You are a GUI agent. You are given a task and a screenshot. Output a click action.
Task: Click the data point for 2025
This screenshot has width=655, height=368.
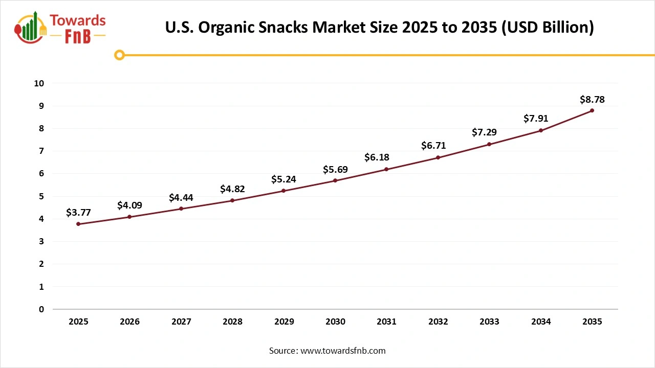coord(78,224)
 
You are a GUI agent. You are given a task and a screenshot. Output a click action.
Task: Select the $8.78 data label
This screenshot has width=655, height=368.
coord(592,99)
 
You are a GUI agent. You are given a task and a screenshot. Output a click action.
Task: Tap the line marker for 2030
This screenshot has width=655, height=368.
coord(335,180)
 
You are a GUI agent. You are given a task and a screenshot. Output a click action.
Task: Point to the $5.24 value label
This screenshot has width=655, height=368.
coord(283,179)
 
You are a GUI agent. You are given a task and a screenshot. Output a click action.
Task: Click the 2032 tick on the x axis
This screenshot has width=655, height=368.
coord(438,321)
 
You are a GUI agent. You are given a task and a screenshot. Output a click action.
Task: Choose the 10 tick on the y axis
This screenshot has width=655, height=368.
coord(39,83)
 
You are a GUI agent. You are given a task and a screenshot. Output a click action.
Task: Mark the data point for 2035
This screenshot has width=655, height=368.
coord(592,110)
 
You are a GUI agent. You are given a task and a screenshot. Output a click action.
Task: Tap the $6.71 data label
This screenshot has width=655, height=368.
coord(433,146)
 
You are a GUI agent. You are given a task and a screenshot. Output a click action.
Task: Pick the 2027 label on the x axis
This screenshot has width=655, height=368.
coord(181,321)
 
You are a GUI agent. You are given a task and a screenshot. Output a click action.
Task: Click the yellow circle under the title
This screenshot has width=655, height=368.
coord(119,55)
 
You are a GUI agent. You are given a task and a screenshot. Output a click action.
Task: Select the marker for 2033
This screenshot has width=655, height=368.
coord(489,144)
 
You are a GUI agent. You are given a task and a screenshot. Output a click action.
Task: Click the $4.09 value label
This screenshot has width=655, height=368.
coord(129,205)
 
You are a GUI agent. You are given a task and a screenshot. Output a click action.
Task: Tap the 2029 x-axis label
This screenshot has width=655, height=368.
coord(284,321)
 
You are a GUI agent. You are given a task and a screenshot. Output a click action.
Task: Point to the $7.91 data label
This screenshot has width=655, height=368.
coord(536,119)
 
